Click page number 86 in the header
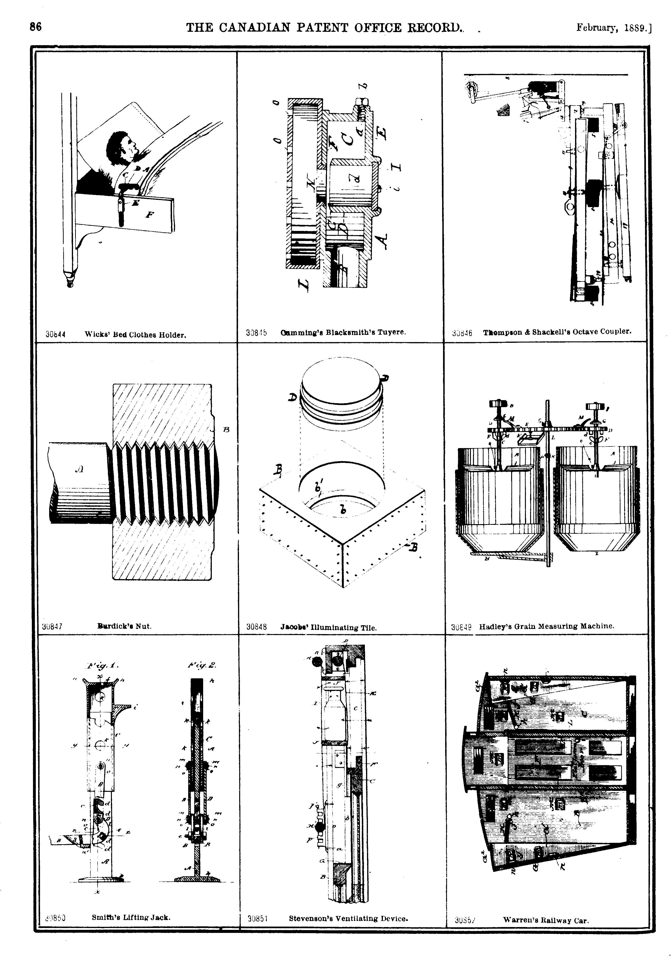point(35,27)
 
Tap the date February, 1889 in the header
point(613,28)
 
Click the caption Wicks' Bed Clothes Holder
point(135,334)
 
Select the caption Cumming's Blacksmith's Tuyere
point(343,332)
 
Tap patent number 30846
point(462,333)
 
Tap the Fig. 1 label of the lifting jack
point(103,666)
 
